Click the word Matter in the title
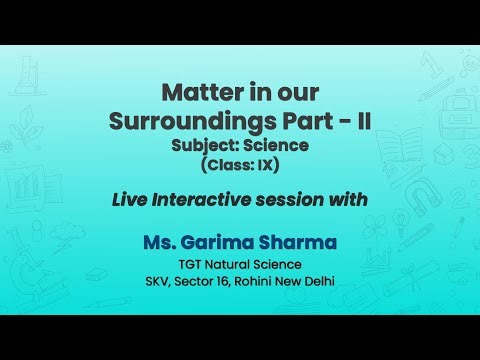coord(199,93)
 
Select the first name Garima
coord(231,243)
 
